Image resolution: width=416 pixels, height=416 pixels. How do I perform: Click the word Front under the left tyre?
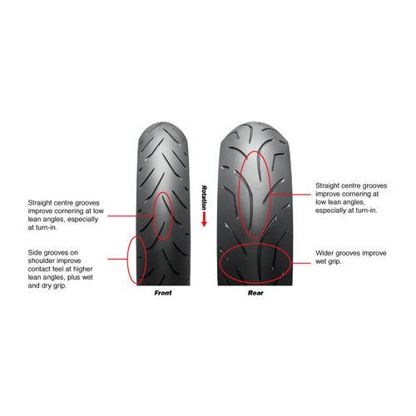[x=163, y=293]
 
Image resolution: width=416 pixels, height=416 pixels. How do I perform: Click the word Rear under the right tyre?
[x=255, y=293]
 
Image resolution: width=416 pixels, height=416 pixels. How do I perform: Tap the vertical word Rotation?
[x=204, y=197]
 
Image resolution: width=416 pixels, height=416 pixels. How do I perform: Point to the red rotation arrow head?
[x=204, y=223]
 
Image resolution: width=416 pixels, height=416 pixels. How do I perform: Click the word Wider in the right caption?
[x=324, y=253]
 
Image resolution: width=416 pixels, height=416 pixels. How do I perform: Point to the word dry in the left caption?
[x=46, y=285]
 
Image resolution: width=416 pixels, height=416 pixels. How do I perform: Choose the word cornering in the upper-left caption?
[x=68, y=211]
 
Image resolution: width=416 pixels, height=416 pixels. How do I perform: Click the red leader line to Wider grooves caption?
[x=301, y=263]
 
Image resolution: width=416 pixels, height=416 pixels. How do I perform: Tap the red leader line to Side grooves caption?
[x=117, y=259]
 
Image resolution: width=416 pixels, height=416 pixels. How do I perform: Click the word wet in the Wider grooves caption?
[x=320, y=261]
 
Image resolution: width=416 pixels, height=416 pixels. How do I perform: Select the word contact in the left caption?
[x=39, y=269]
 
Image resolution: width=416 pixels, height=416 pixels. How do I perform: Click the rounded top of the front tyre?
[x=163, y=124]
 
